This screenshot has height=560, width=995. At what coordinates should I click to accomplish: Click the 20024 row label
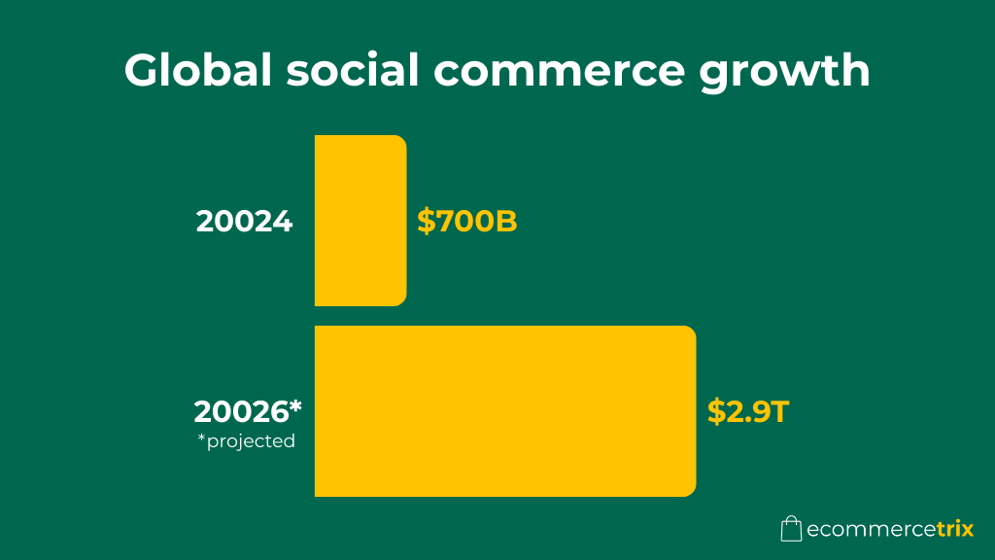point(244,222)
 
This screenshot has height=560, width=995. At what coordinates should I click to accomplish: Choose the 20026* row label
point(248,411)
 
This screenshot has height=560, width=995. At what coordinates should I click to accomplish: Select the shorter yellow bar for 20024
point(360,221)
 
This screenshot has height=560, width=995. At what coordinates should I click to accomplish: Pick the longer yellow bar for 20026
point(504,411)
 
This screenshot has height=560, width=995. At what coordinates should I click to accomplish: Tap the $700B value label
point(467,222)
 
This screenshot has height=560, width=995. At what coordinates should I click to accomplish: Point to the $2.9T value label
point(747,411)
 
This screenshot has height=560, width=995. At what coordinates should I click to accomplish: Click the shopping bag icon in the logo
point(791,528)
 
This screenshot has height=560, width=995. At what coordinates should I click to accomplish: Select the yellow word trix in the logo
point(954,530)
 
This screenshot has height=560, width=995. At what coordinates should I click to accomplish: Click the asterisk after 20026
point(295,405)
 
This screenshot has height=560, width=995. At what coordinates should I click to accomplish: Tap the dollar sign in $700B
point(426,222)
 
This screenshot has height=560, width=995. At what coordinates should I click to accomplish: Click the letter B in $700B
point(505,222)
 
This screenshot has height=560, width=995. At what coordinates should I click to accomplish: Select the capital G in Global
point(143,72)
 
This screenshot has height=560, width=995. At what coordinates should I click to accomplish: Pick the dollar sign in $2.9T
point(716,411)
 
